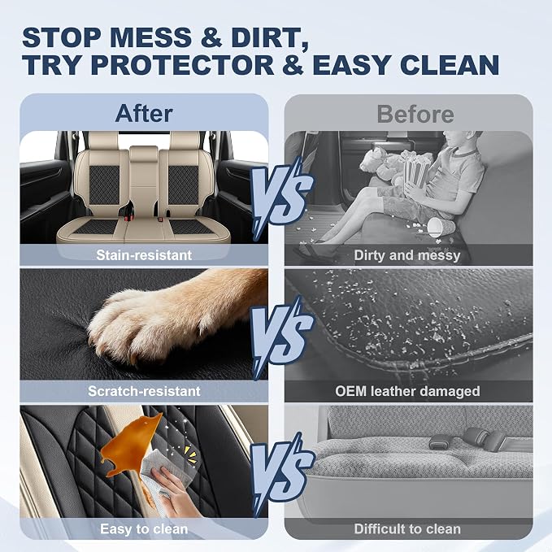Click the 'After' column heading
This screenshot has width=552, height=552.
pyautogui.click(x=144, y=113)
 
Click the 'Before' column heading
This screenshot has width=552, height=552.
pyautogui.click(x=415, y=114)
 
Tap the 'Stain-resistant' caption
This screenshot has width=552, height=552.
pyautogui.click(x=144, y=255)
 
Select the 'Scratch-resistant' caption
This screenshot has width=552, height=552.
pyautogui.click(x=144, y=391)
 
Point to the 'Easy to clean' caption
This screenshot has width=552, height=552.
pyautogui.click(x=144, y=528)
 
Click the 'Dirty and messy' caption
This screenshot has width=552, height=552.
pyautogui.click(x=407, y=255)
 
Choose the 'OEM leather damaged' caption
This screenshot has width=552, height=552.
pyautogui.click(x=407, y=391)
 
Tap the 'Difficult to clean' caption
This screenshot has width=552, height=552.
pyautogui.click(x=407, y=528)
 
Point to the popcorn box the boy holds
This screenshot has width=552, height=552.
pyautogui.click(x=416, y=171)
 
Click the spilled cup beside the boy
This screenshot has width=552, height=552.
pyautogui.click(x=437, y=227)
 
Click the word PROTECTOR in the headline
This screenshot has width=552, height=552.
pyautogui.click(x=183, y=65)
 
